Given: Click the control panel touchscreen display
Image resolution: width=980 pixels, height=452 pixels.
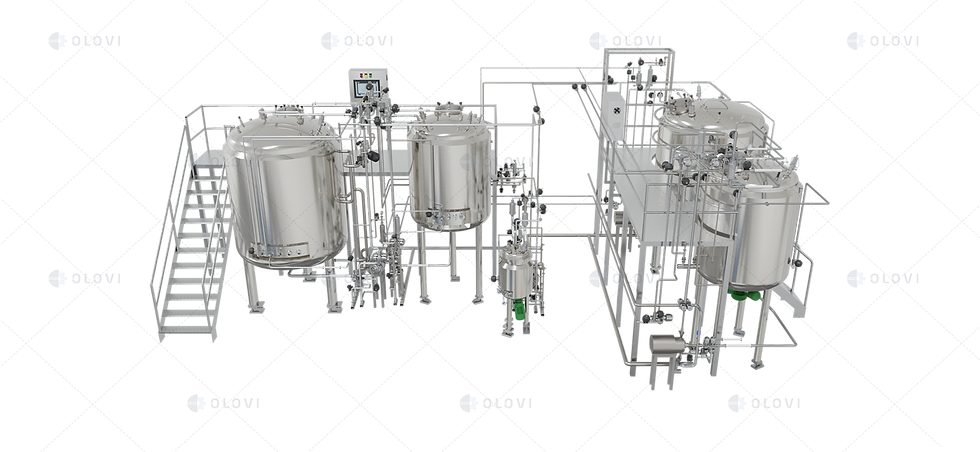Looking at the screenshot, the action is pos(363,87).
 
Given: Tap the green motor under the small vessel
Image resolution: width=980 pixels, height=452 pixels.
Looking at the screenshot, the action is pos(519,308).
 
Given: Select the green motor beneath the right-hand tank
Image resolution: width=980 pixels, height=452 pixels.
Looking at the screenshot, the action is pos(744,294).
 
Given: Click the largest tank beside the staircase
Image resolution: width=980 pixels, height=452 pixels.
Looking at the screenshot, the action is pos(284,189).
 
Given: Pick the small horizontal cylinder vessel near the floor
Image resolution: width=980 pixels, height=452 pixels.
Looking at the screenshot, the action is pos(667,344).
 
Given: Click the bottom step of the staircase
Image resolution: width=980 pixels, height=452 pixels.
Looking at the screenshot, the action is pos(186,329).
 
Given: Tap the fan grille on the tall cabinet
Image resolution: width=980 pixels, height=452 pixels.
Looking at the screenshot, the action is pos(616,110).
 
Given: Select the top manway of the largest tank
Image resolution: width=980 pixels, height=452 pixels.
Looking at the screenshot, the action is pos(288,110).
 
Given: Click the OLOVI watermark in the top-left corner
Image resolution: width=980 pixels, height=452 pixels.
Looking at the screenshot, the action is pos(84,41).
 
